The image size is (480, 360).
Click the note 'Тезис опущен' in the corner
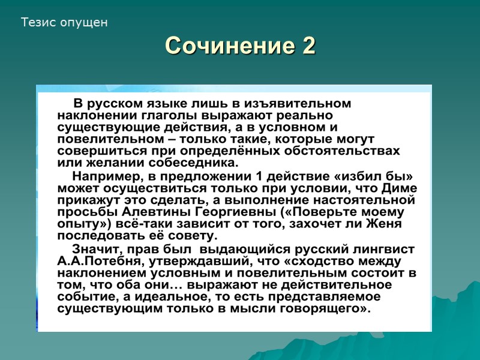click(64, 23)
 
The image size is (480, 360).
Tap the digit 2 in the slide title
click(308, 46)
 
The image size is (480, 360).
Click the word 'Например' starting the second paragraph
click(103, 176)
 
